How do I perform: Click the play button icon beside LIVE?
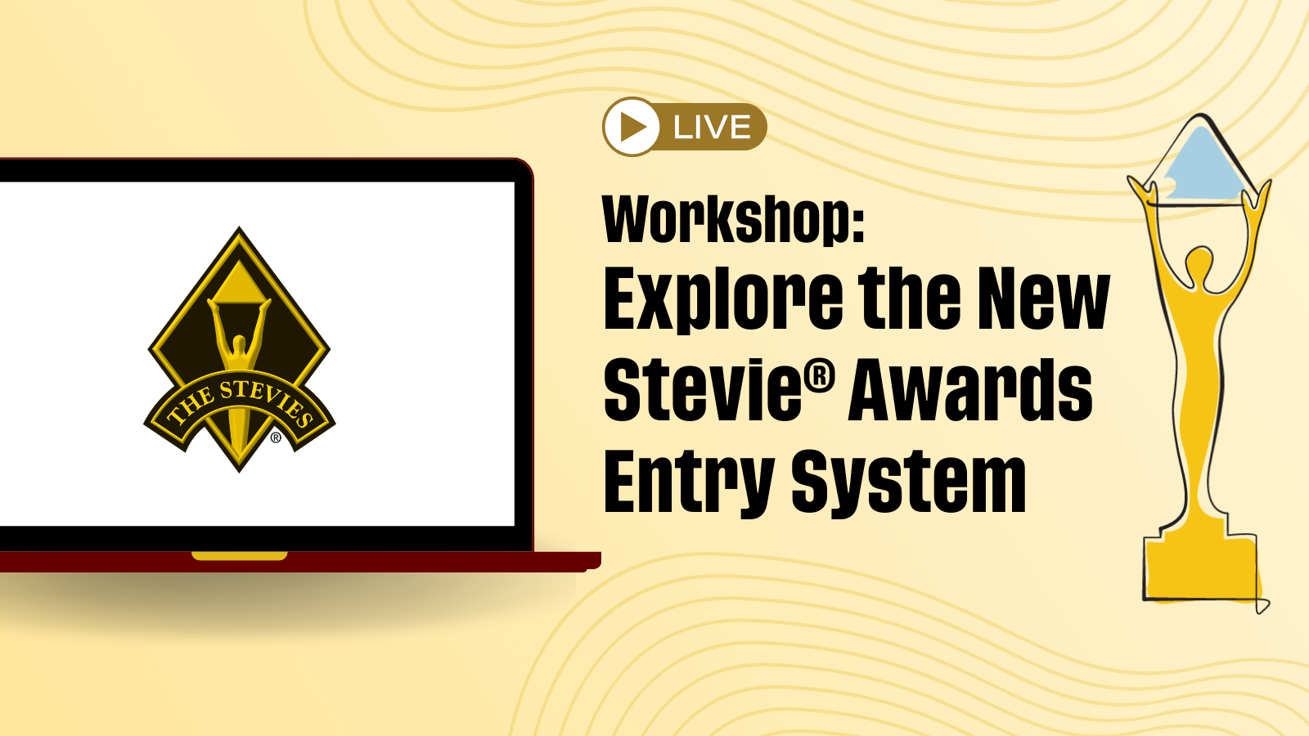(x=631, y=127)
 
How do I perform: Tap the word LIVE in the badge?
(x=712, y=128)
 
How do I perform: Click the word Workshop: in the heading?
(x=733, y=219)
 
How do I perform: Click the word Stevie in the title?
(x=703, y=389)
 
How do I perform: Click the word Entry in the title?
(x=689, y=482)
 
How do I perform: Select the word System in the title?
(x=909, y=482)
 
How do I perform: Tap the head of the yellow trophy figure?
(x=1199, y=261)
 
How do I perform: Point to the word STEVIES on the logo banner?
(x=267, y=399)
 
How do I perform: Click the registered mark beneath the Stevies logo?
(x=276, y=437)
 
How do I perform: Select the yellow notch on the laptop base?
(x=240, y=555)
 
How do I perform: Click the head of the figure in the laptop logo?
(x=238, y=343)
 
